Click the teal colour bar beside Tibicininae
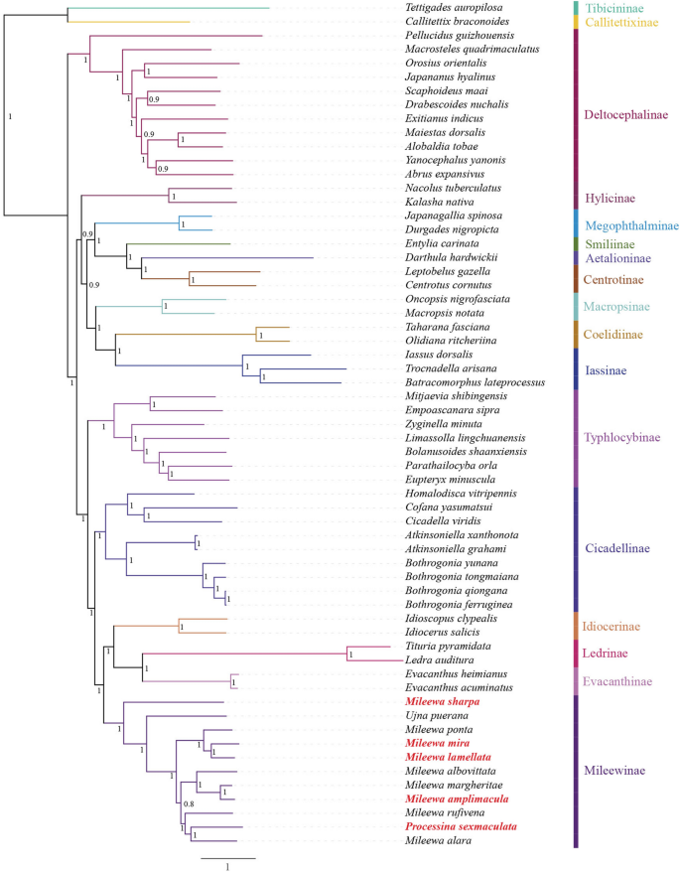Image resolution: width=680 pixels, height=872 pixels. click(577, 7)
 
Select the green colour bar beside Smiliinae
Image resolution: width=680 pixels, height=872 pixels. click(577, 243)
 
